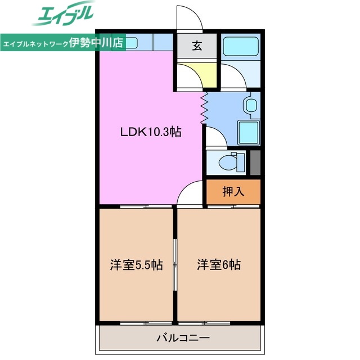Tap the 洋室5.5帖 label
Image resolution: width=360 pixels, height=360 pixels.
136,265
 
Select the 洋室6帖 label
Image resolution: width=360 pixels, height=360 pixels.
219,265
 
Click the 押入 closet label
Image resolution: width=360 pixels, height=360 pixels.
233,192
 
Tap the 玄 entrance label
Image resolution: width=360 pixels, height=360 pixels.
197,47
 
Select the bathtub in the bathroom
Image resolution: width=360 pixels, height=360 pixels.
240,47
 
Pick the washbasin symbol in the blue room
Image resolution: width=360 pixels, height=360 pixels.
251,105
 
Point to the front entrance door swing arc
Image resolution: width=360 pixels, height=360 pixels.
189,17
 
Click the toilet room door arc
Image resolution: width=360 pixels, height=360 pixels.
214,136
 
